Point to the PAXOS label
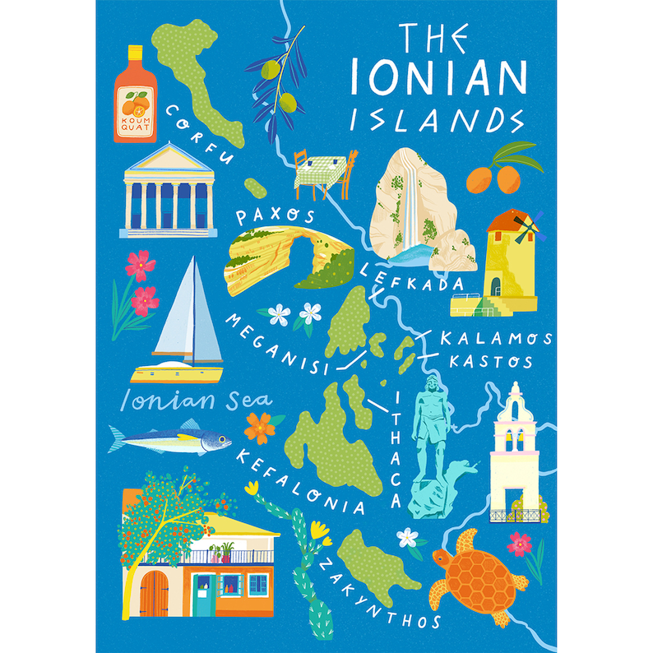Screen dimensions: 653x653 276,217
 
